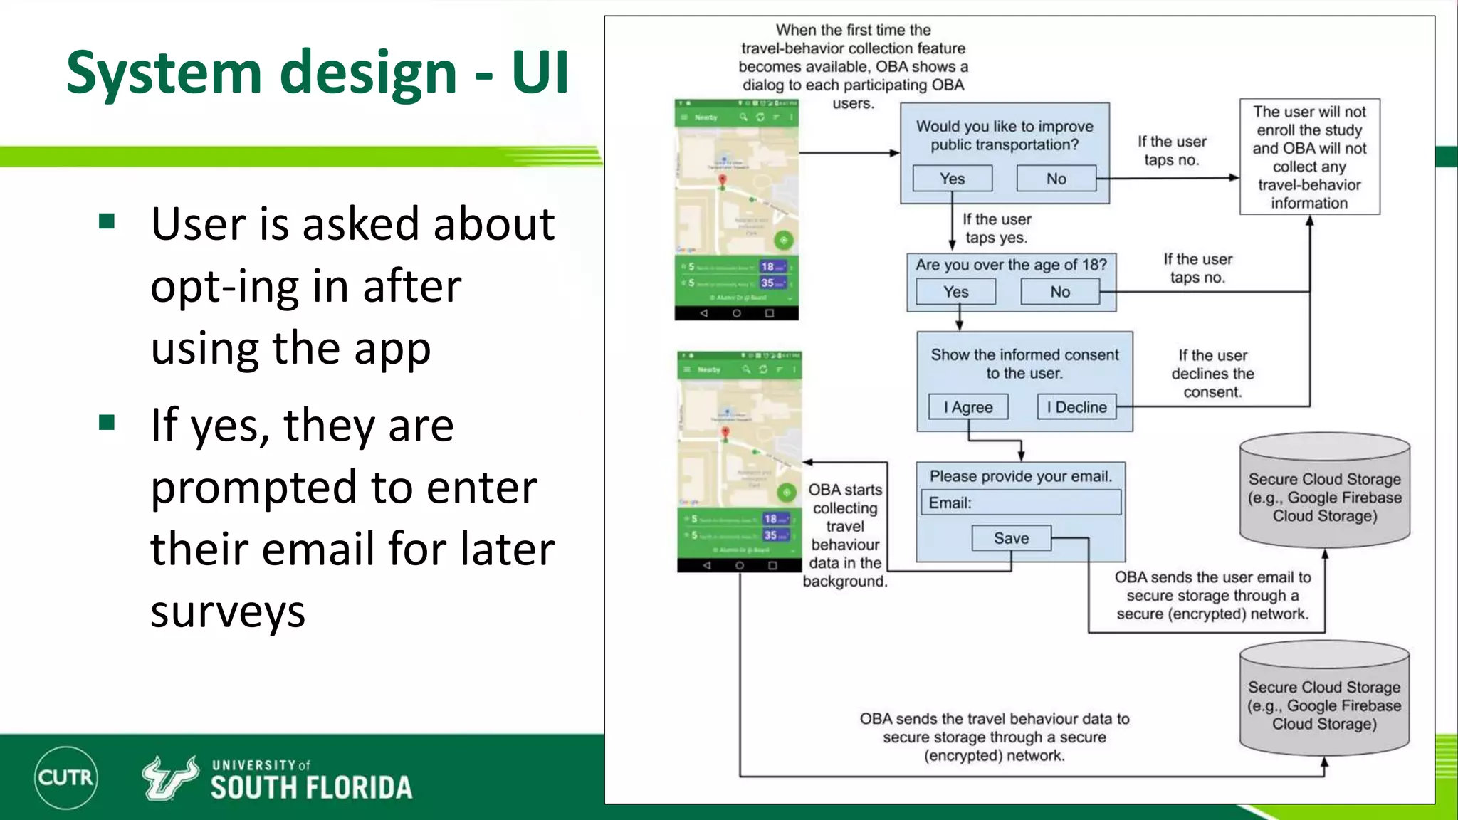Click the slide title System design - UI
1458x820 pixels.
point(318,73)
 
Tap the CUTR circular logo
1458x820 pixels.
point(65,777)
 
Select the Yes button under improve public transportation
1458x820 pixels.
point(952,179)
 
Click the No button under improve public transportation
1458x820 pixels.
point(1056,179)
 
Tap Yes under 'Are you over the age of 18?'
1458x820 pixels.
point(955,292)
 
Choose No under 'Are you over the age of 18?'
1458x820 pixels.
point(1059,292)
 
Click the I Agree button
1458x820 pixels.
point(968,407)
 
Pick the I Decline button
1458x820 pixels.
point(1076,407)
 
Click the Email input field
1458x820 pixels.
point(1020,503)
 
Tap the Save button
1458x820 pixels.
point(1011,538)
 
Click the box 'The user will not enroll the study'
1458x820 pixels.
point(1309,157)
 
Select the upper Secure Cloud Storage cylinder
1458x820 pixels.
point(1324,491)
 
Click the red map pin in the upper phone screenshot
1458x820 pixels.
point(722,180)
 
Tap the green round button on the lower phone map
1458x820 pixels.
point(786,492)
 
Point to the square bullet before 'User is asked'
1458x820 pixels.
point(107,221)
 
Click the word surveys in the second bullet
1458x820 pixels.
point(228,611)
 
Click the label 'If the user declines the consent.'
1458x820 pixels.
point(1212,374)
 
